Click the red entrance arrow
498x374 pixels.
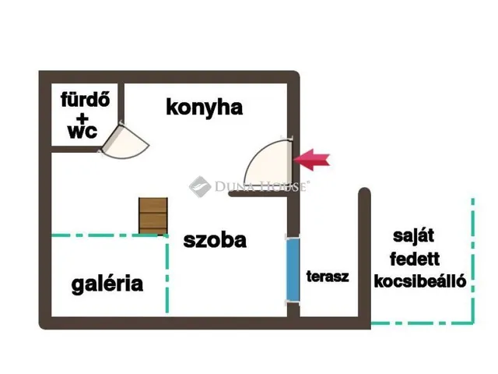[312, 160]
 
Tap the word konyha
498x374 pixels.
[204, 108]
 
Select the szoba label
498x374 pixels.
[215, 241]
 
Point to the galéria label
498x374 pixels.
[107, 284]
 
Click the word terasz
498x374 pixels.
[328, 276]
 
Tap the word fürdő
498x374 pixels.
[85, 99]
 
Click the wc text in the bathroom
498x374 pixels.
[82, 132]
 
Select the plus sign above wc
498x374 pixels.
[82, 118]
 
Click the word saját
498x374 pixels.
[413, 236]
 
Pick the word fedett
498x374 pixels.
[415, 259]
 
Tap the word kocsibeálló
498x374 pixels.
[420, 281]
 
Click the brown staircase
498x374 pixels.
[153, 216]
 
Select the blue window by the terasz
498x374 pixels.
[293, 269]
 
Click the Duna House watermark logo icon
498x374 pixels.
[200, 186]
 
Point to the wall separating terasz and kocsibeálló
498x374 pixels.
[364, 255]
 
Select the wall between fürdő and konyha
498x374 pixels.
[121, 104]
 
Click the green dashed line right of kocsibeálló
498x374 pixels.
[473, 261]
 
